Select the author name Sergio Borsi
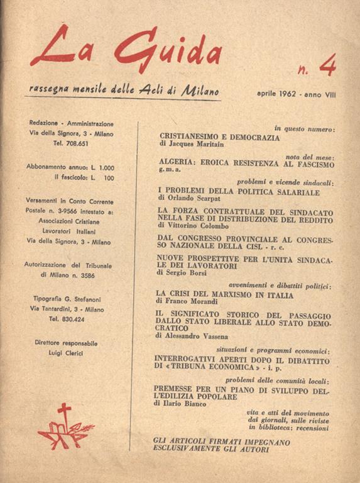point(188,273)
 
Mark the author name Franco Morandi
point(191,301)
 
